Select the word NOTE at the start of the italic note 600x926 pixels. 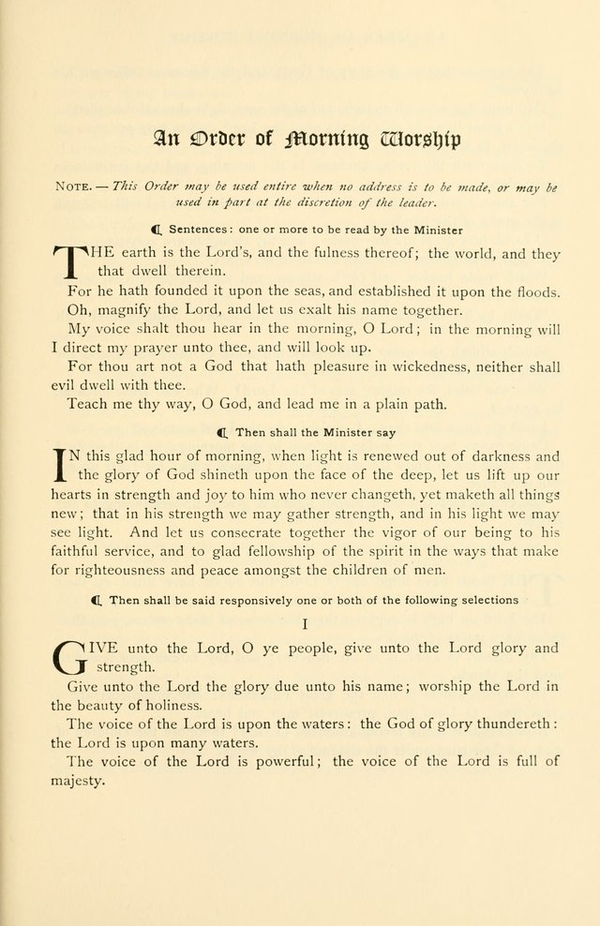point(76,187)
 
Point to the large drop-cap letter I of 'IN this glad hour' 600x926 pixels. point(62,466)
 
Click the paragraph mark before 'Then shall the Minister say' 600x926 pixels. point(222,433)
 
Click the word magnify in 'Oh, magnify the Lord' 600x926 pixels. point(129,310)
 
